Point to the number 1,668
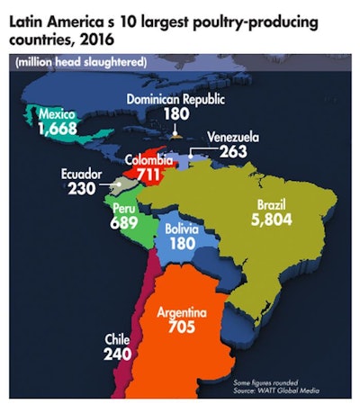click(x=59, y=130)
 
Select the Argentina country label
click(x=182, y=311)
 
